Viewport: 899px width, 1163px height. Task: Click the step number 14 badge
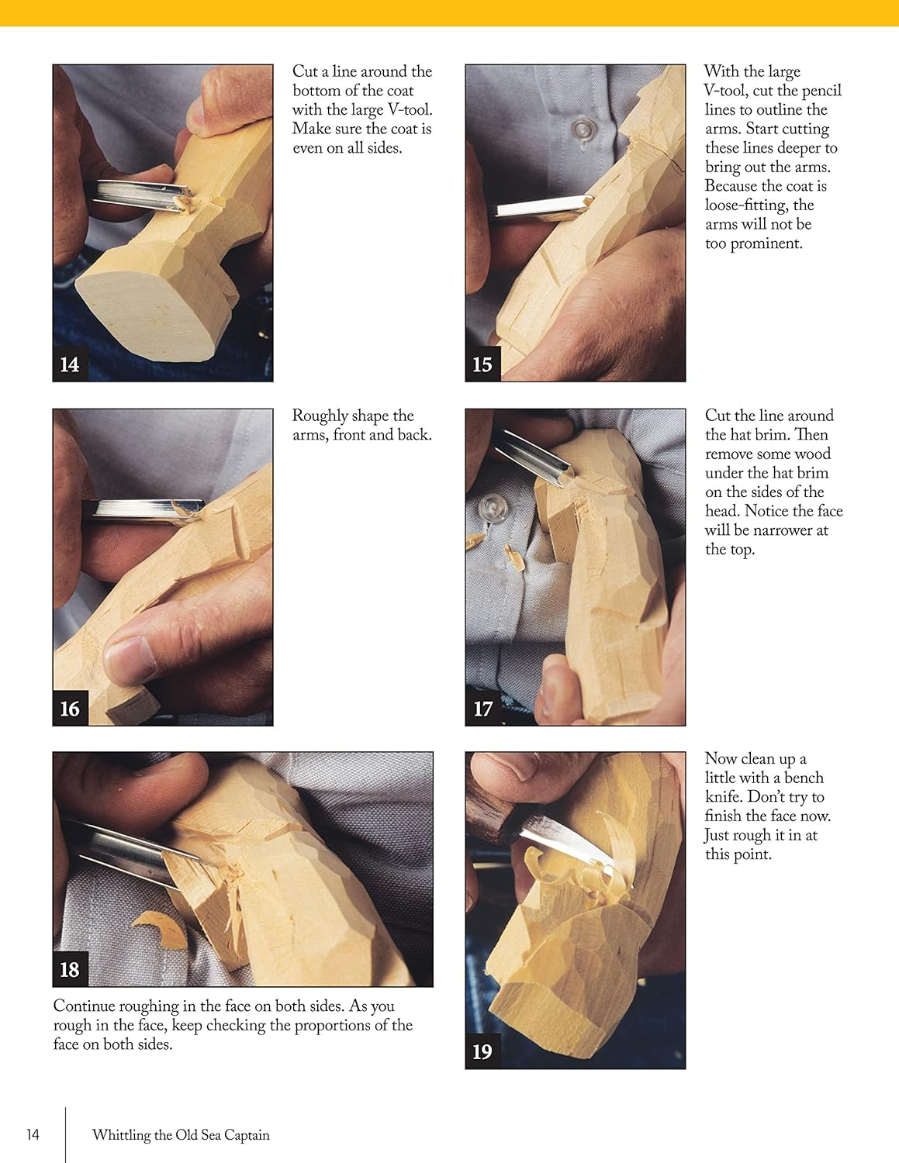pos(70,364)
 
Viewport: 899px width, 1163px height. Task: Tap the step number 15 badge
pos(482,364)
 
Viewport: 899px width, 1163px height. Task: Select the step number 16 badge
pos(70,709)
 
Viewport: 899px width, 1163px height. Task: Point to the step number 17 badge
pos(482,709)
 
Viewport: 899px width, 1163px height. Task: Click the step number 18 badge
pos(70,969)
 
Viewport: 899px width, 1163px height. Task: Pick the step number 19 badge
pos(482,1051)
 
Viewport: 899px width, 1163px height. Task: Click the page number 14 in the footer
pos(33,1134)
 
